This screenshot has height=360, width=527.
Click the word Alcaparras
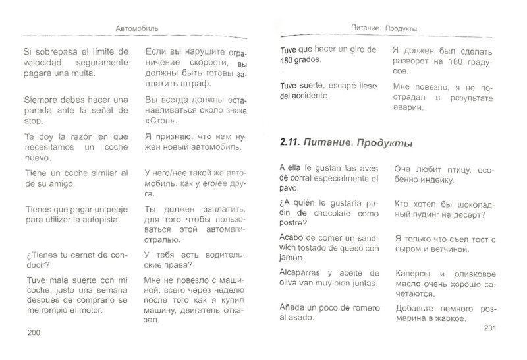(296, 272)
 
